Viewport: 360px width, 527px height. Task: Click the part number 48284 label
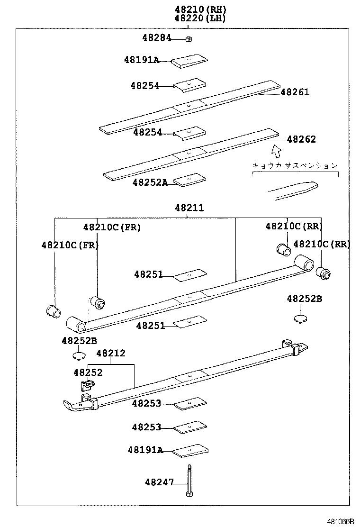(156, 37)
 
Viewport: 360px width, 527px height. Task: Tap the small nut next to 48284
(189, 39)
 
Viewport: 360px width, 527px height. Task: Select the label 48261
(295, 92)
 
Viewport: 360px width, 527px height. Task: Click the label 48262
(301, 139)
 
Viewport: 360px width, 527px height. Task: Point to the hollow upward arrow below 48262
(276, 151)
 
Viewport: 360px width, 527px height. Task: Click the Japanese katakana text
(295, 165)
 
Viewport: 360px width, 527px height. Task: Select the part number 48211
(189, 208)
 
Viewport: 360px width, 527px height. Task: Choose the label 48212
(111, 353)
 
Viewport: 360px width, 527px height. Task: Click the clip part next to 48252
(85, 386)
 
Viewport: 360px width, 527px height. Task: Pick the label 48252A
(150, 182)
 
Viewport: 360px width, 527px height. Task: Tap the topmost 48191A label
(142, 60)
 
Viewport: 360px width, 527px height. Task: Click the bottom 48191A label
(145, 450)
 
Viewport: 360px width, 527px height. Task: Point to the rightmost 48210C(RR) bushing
(324, 273)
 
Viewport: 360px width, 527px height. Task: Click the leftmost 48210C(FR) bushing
(53, 311)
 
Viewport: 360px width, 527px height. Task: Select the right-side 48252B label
(304, 299)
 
